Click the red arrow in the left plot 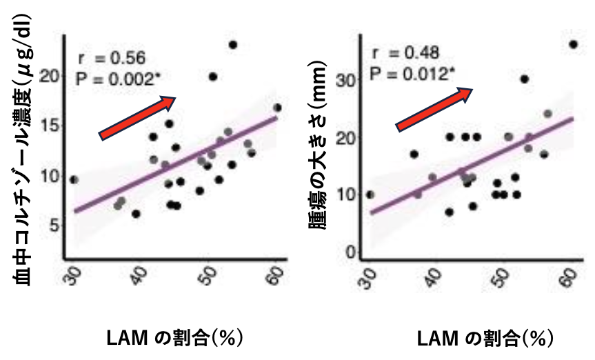[x=138, y=116]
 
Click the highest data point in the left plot [x=232, y=45]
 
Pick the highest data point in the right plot [x=573, y=45]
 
